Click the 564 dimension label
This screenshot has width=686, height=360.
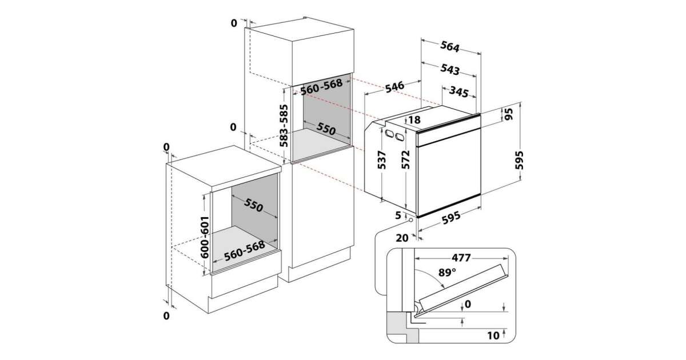pyautogui.click(x=450, y=46)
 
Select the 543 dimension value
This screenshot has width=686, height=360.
pyautogui.click(x=450, y=70)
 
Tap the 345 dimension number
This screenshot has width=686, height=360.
pyautogui.click(x=458, y=91)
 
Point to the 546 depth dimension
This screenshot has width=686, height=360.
pyautogui.click(x=395, y=87)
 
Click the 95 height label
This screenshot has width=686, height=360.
pyautogui.click(x=508, y=114)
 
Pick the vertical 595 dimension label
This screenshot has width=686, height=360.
pyautogui.click(x=519, y=160)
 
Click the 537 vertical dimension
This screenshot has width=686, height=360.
pyautogui.click(x=381, y=160)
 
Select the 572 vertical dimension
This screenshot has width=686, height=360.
pyautogui.click(x=405, y=159)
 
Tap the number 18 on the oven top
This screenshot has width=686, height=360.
pyautogui.click(x=414, y=119)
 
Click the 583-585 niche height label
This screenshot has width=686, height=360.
pyautogui.click(x=284, y=126)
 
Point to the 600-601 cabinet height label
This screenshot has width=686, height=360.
pyautogui.click(x=204, y=237)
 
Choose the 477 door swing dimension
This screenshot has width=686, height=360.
pyautogui.click(x=461, y=258)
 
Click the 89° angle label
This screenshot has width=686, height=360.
pyautogui.click(x=447, y=272)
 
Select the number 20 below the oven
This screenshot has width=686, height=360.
pyautogui.click(x=402, y=238)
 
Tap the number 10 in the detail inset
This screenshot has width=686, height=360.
pyautogui.click(x=493, y=336)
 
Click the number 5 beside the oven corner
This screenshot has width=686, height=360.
pyautogui.click(x=398, y=215)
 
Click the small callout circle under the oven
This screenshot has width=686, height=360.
pyautogui.click(x=411, y=220)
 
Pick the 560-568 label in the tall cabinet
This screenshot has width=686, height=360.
pyautogui.click(x=321, y=87)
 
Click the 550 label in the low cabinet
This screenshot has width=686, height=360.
pyautogui.click(x=253, y=205)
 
